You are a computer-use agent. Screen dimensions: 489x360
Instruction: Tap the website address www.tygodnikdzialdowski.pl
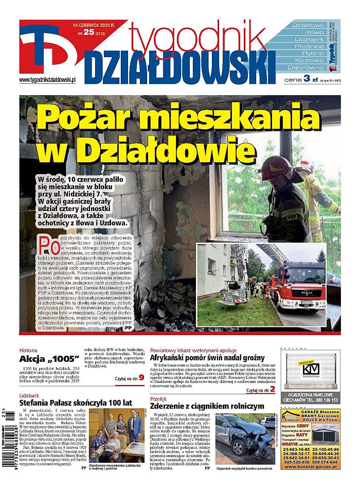point(47,80)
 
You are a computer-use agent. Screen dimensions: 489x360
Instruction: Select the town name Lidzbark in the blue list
point(309,39)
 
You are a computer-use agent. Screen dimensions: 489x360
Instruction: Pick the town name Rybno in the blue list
point(309,54)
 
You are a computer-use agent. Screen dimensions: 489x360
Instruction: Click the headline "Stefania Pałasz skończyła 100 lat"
point(76,403)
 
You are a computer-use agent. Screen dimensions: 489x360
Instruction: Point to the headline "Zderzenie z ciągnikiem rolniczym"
point(206,406)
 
